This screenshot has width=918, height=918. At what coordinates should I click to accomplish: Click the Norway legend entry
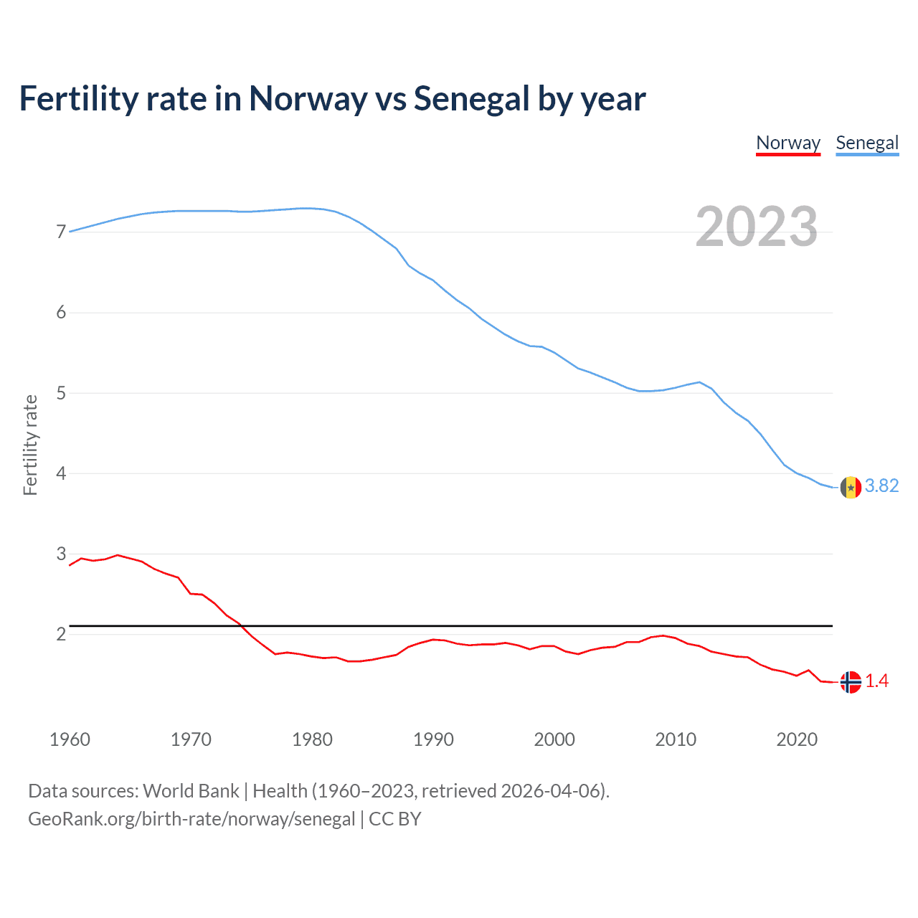click(x=788, y=143)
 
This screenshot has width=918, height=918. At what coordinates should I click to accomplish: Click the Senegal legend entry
click(x=867, y=143)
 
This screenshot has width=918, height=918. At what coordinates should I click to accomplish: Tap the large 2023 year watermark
click(x=757, y=227)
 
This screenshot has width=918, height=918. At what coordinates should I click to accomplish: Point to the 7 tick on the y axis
click(x=61, y=232)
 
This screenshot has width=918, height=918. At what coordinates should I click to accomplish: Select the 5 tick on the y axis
click(x=61, y=393)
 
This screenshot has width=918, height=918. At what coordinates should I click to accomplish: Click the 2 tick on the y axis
click(x=61, y=634)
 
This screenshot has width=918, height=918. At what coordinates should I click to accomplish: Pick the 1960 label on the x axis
click(x=70, y=739)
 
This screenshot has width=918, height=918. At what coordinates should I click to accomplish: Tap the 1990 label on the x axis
click(x=433, y=739)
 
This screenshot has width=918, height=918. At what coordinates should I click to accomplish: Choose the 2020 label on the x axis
click(x=797, y=739)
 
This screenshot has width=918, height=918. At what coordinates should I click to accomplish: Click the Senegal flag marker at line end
click(x=851, y=488)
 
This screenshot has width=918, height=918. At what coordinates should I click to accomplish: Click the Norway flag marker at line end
click(x=851, y=682)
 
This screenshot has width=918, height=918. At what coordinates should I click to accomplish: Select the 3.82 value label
click(x=881, y=486)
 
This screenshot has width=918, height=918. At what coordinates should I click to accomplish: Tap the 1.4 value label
click(x=876, y=681)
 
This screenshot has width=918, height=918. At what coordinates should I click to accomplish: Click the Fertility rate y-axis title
click(x=30, y=445)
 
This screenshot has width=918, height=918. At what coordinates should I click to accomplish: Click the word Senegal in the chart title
click(x=470, y=99)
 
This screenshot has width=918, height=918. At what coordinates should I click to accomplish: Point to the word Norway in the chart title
click(x=308, y=99)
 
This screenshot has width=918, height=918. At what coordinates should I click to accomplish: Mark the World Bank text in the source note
click(x=191, y=791)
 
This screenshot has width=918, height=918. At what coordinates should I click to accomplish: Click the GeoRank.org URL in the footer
click(x=191, y=819)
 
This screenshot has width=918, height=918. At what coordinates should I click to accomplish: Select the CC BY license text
click(x=394, y=819)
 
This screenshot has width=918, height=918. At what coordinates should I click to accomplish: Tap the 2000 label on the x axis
click(x=554, y=739)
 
